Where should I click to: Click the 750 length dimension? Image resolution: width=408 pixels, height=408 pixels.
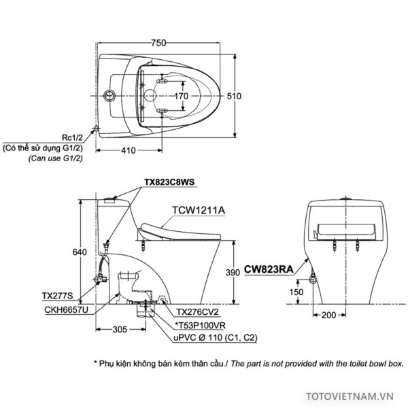(158, 43)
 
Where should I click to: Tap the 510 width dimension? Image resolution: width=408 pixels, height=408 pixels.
(234, 96)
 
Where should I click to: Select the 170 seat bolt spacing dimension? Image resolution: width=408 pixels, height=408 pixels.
(181, 96)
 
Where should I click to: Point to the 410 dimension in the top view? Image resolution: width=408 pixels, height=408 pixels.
(128, 150)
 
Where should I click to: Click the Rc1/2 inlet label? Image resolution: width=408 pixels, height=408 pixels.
(72, 137)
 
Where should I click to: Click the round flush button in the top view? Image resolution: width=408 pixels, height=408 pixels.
(109, 95)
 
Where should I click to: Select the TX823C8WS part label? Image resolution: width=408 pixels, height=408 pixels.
(169, 182)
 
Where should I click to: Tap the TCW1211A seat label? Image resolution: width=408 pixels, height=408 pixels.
(199, 210)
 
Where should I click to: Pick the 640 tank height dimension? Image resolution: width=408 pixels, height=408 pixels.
(80, 252)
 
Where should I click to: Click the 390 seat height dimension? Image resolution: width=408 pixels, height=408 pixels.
(233, 273)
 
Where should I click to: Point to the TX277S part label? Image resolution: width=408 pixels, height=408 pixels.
(58, 296)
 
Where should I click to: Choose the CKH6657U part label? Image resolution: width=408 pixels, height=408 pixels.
(67, 309)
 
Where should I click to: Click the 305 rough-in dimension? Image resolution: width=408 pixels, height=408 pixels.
(120, 329)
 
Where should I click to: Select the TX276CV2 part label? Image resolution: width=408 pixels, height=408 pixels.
(197, 311)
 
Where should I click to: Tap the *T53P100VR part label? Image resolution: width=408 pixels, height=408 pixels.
(200, 325)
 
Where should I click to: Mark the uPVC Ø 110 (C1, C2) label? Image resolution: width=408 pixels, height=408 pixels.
(215, 338)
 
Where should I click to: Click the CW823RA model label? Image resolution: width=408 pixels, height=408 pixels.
(269, 269)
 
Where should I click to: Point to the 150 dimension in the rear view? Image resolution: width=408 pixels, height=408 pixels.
(296, 292)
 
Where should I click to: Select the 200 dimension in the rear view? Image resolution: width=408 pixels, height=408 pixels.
(328, 315)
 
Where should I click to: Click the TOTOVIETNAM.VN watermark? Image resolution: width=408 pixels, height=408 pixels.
(350, 396)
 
